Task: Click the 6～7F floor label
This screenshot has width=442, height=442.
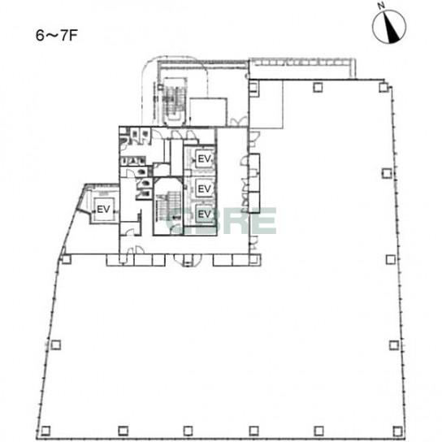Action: point(56,36)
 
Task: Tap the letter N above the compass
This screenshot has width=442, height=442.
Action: point(382,6)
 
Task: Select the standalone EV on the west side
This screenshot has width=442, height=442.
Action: point(103,209)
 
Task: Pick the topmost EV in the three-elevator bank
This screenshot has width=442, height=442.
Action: point(205,159)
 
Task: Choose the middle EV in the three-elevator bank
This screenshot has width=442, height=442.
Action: point(205,188)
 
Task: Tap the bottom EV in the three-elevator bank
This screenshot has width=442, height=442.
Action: point(205,214)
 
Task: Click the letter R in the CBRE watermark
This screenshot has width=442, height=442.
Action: point(234,221)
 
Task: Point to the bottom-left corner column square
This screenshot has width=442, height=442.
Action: point(45,431)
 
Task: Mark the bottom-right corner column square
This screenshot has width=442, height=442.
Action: point(398,431)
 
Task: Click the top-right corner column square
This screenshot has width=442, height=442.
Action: point(383,87)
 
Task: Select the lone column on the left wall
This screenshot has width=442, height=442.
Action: point(55,344)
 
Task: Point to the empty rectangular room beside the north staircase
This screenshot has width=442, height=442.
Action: point(208,112)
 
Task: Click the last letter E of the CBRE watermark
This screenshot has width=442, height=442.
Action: point(264,221)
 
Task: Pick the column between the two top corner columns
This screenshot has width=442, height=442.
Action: point(318,87)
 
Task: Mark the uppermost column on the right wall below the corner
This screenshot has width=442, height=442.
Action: point(387,173)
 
